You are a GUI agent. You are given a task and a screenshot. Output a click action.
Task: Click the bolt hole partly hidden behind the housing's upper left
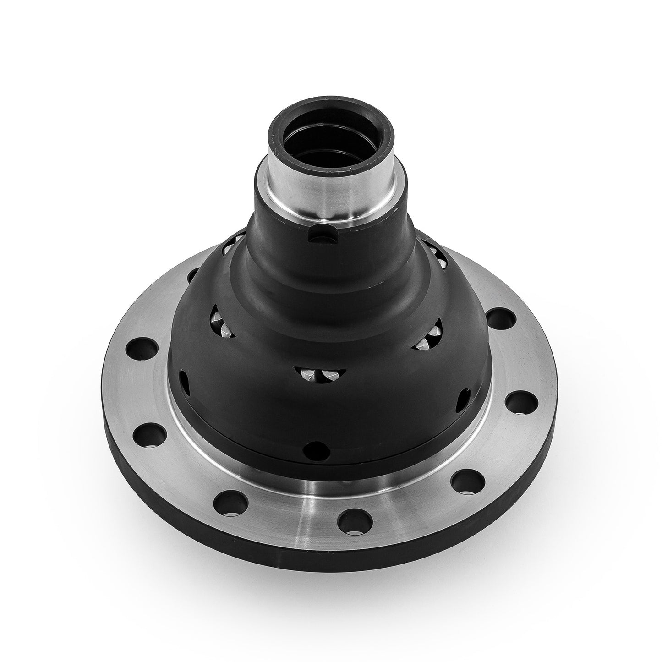(x=192, y=276)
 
